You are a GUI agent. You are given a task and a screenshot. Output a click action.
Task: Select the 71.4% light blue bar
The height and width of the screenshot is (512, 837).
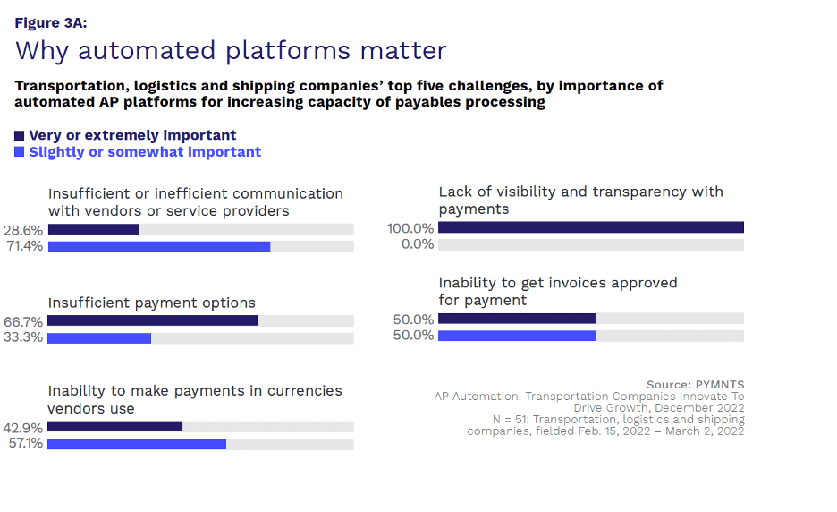click(x=159, y=246)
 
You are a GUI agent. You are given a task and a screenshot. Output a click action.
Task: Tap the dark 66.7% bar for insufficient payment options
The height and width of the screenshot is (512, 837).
click(x=152, y=320)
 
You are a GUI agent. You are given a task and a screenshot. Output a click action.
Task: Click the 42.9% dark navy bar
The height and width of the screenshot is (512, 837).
click(x=114, y=426)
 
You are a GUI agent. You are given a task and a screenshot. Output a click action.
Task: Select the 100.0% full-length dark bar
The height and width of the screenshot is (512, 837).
click(x=590, y=227)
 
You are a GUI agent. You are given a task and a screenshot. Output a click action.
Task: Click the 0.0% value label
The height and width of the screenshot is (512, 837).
click(x=417, y=244)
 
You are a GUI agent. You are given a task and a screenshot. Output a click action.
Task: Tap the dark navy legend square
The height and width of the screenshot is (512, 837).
click(x=20, y=135)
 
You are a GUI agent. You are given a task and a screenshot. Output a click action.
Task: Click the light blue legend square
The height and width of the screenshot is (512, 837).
click(x=20, y=152)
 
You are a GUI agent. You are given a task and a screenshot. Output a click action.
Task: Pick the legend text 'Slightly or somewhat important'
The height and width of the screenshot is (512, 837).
click(x=145, y=152)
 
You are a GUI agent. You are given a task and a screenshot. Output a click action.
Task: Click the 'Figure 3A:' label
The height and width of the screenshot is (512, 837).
click(x=51, y=23)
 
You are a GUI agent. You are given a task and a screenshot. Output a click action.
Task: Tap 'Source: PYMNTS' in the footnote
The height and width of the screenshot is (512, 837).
click(x=695, y=385)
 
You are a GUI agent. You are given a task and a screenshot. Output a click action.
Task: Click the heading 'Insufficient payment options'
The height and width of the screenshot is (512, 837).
click(x=152, y=303)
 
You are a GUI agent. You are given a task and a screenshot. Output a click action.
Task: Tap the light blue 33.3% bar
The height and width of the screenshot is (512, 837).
click(x=99, y=338)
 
